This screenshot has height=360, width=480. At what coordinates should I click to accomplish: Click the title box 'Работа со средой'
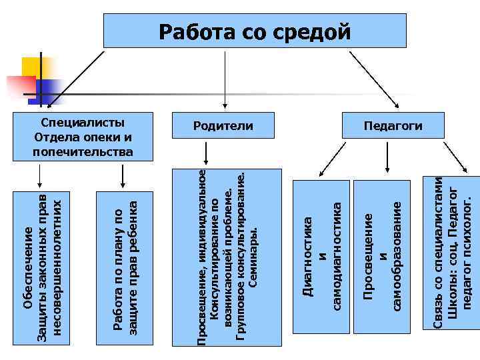[x=254, y=31]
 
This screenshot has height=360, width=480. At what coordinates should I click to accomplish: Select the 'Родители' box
[x=223, y=126]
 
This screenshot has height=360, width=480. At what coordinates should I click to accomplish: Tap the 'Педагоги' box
[x=393, y=126]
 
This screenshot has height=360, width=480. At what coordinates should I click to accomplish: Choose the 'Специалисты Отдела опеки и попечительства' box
[x=83, y=137]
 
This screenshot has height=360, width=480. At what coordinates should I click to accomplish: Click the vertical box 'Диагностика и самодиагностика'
[x=321, y=255]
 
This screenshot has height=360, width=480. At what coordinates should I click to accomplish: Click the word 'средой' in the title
[x=317, y=31]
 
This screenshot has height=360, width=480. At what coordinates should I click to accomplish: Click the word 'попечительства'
[x=83, y=151]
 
